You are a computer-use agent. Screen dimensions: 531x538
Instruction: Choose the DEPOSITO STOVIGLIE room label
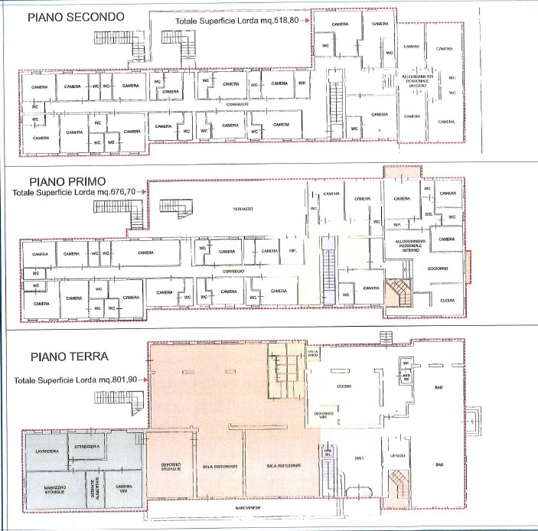pos(171,467)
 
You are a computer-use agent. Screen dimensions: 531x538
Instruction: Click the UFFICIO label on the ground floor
pos(396,457)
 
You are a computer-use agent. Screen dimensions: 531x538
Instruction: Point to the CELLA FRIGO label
pos(312,354)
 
